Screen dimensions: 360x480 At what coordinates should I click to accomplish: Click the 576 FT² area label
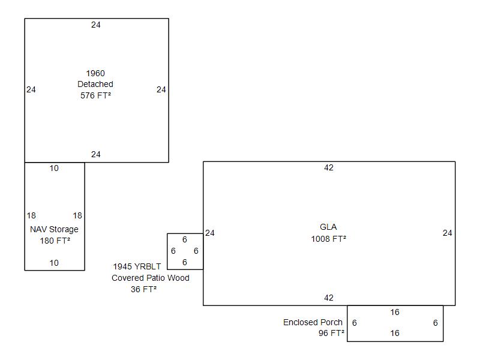pyautogui.click(x=95, y=95)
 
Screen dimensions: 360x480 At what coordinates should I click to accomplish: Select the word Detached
pyautogui.click(x=95, y=85)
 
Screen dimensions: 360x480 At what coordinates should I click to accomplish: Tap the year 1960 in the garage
pyautogui.click(x=95, y=74)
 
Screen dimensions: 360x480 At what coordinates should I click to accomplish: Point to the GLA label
pyautogui.click(x=328, y=227)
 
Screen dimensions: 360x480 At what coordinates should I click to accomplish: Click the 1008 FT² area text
pyautogui.click(x=328, y=238)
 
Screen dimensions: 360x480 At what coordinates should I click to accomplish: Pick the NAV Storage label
pyautogui.click(x=54, y=230)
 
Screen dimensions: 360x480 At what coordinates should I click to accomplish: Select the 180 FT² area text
pyautogui.click(x=54, y=241)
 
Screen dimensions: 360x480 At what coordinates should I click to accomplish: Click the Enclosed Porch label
pyautogui.click(x=313, y=323)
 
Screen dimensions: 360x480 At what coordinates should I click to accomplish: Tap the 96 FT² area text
pyautogui.click(x=331, y=334)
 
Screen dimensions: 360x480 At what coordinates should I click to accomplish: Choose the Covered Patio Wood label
pyautogui.click(x=150, y=278)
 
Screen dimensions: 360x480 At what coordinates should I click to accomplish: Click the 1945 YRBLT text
pyautogui.click(x=137, y=266)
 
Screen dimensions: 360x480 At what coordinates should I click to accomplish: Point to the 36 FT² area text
pyautogui.click(x=143, y=289)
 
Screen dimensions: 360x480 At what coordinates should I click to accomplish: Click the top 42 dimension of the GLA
pyautogui.click(x=328, y=168)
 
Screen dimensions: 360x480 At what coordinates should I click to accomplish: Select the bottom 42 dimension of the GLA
pyautogui.click(x=328, y=298)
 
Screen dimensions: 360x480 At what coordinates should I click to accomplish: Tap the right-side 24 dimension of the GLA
pyautogui.click(x=447, y=233)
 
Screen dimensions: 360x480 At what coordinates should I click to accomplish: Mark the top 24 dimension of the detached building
pyautogui.click(x=96, y=25)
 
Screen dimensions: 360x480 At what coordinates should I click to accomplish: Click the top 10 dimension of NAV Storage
pyautogui.click(x=54, y=169)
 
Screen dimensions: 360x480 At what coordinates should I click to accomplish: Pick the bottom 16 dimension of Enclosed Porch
pyautogui.click(x=395, y=334)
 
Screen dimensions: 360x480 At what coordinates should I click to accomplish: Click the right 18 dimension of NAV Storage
pyautogui.click(x=77, y=216)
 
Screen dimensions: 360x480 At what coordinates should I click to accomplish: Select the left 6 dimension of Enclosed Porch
pyautogui.click(x=355, y=323)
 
